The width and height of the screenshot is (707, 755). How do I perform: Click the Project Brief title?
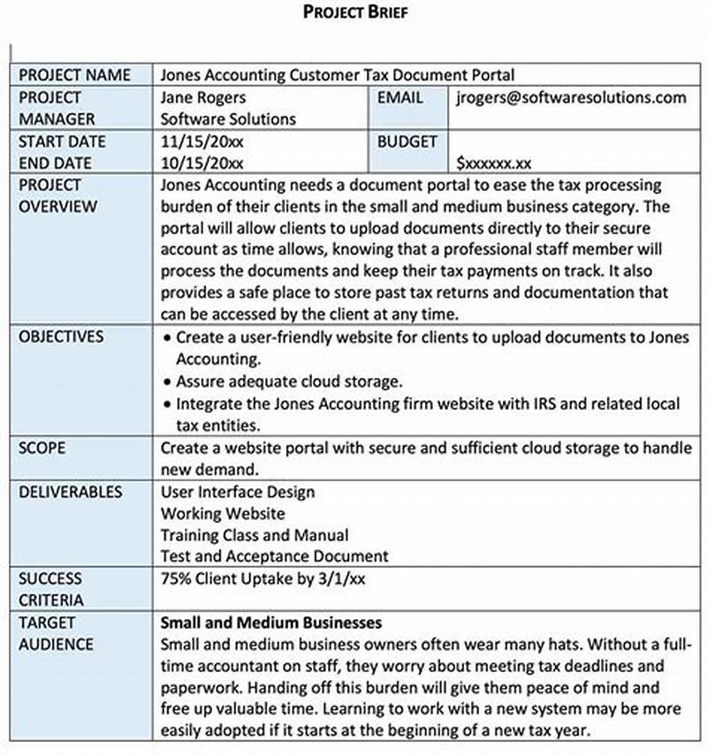click(354, 11)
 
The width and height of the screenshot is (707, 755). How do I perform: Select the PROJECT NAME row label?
click(74, 75)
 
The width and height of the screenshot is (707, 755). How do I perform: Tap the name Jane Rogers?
click(203, 97)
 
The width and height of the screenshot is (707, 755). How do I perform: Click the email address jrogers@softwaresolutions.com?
click(571, 97)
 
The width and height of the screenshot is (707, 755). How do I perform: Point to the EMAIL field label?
click(400, 97)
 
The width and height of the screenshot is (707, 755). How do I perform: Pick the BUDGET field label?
click(407, 141)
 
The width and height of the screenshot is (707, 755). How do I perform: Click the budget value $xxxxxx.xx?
click(494, 162)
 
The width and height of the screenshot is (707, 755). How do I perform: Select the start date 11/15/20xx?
click(203, 141)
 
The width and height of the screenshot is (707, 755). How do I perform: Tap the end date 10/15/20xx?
click(203, 162)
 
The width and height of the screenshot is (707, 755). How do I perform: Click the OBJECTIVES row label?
click(61, 336)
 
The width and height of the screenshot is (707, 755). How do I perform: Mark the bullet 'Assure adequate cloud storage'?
click(289, 381)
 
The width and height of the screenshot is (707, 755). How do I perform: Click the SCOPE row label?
click(42, 448)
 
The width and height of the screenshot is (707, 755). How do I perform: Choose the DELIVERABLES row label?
click(71, 491)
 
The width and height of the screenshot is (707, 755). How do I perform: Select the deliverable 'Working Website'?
click(223, 513)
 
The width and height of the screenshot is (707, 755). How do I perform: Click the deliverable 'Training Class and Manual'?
click(255, 535)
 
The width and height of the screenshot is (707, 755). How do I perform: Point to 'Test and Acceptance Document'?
click(274, 556)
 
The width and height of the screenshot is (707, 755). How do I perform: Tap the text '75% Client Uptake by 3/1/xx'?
click(263, 578)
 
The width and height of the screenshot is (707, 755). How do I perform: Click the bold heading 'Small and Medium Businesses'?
click(271, 623)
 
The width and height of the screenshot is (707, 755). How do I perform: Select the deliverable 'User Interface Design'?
click(238, 491)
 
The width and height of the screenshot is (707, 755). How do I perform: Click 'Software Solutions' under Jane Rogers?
click(228, 118)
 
